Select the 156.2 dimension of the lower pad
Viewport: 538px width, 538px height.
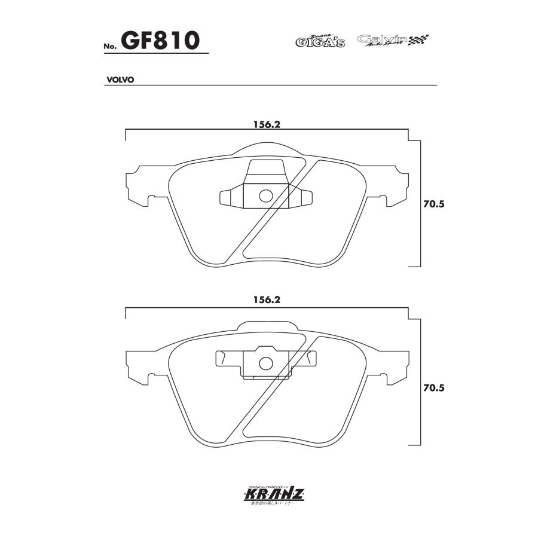pos(267,301)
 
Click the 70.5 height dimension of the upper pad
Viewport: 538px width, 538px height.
pos(435,204)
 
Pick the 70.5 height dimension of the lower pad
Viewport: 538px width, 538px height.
pos(435,388)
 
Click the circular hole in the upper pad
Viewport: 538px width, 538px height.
pos(266,195)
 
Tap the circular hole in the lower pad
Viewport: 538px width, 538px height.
pos(266,363)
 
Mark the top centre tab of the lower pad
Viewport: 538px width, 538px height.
pos(267,326)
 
